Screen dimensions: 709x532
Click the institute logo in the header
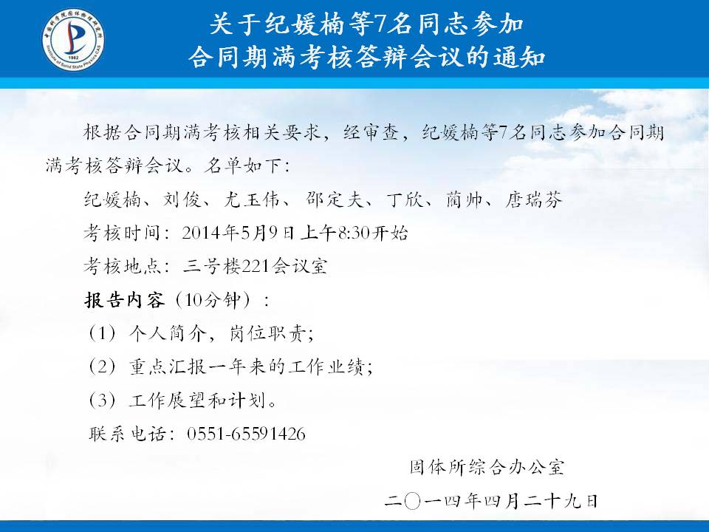click(73, 39)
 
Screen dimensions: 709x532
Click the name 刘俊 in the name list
click(182, 199)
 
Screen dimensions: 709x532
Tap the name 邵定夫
click(334, 199)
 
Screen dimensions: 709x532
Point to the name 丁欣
click(405, 199)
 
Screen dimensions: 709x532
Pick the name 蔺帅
click(465, 199)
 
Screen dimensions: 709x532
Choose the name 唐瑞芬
click(533, 199)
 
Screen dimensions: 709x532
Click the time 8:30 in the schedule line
click(354, 233)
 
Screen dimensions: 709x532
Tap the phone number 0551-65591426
click(246, 434)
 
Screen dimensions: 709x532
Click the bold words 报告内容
click(125, 300)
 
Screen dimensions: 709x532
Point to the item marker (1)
click(102, 333)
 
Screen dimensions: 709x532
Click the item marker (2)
click(102, 366)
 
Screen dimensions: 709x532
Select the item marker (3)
click(102, 400)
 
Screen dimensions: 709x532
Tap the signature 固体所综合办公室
click(487, 467)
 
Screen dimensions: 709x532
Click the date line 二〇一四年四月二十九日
click(492, 501)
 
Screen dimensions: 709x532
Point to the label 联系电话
click(127, 434)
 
